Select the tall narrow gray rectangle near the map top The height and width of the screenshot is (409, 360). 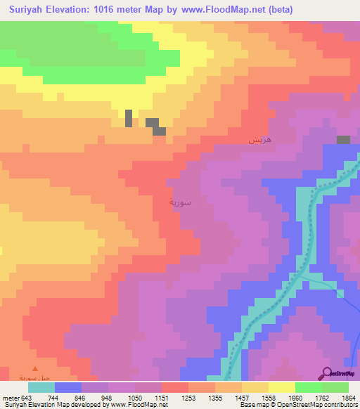[x=129, y=118]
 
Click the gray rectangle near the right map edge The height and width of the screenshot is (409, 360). [x=343, y=140]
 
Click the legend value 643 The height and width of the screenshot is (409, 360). [x=27, y=397]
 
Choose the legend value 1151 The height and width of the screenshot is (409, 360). [x=161, y=397]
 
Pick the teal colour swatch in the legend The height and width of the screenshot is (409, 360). [x=41, y=387]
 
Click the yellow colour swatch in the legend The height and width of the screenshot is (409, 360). [x=281, y=387]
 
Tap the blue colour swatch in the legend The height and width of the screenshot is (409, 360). [x=67, y=387]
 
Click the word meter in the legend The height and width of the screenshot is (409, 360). [x=11, y=397]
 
